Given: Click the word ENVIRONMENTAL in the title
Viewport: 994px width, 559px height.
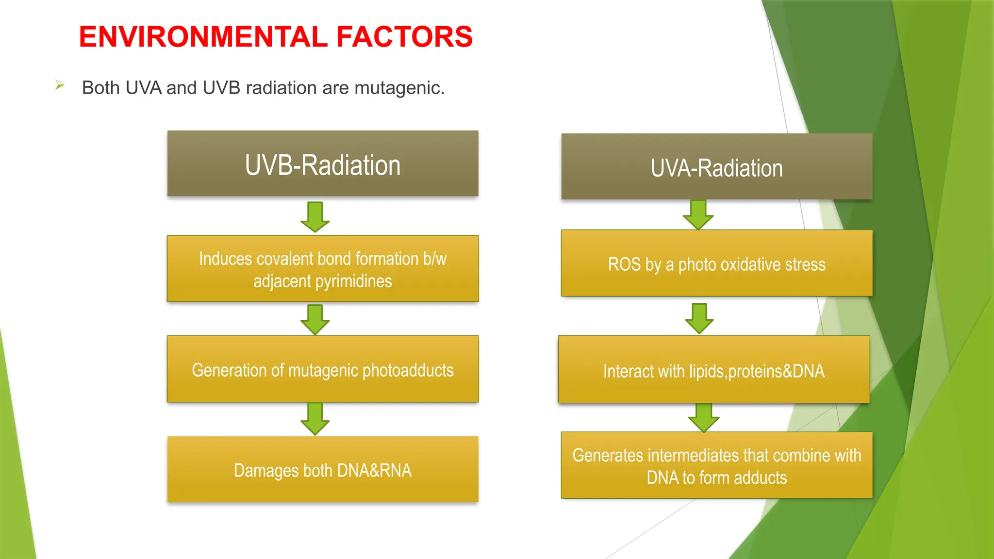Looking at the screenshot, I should point(203,37).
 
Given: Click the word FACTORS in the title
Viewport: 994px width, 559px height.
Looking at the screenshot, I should point(404,37).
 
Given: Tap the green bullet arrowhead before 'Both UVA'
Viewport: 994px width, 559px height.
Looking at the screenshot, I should point(60,85).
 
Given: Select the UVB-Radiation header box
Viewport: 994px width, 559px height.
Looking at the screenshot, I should point(323,164).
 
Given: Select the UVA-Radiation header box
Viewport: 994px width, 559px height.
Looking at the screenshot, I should point(716,167).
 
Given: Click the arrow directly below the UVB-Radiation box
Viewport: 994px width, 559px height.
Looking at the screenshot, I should point(315,216).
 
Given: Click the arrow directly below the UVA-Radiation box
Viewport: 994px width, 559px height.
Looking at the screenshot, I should point(698,214).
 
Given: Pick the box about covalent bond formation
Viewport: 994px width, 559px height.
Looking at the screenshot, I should point(323,268).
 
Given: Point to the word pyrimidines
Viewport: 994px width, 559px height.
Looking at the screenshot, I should point(353,281).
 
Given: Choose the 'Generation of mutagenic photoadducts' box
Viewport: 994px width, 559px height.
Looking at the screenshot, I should point(323,369).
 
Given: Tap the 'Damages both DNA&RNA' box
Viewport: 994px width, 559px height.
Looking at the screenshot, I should point(323,469).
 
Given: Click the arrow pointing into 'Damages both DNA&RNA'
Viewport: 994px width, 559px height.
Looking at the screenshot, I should point(315,419).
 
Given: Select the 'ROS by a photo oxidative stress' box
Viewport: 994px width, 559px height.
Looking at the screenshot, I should point(716,263).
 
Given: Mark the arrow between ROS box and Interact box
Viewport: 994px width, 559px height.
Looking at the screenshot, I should point(699,318).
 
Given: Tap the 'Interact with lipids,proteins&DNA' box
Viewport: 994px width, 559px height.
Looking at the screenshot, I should point(713,370).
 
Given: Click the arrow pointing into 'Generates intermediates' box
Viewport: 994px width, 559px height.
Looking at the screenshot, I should point(703,417).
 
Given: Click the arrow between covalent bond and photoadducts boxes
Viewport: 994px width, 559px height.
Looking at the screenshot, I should point(315,319).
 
